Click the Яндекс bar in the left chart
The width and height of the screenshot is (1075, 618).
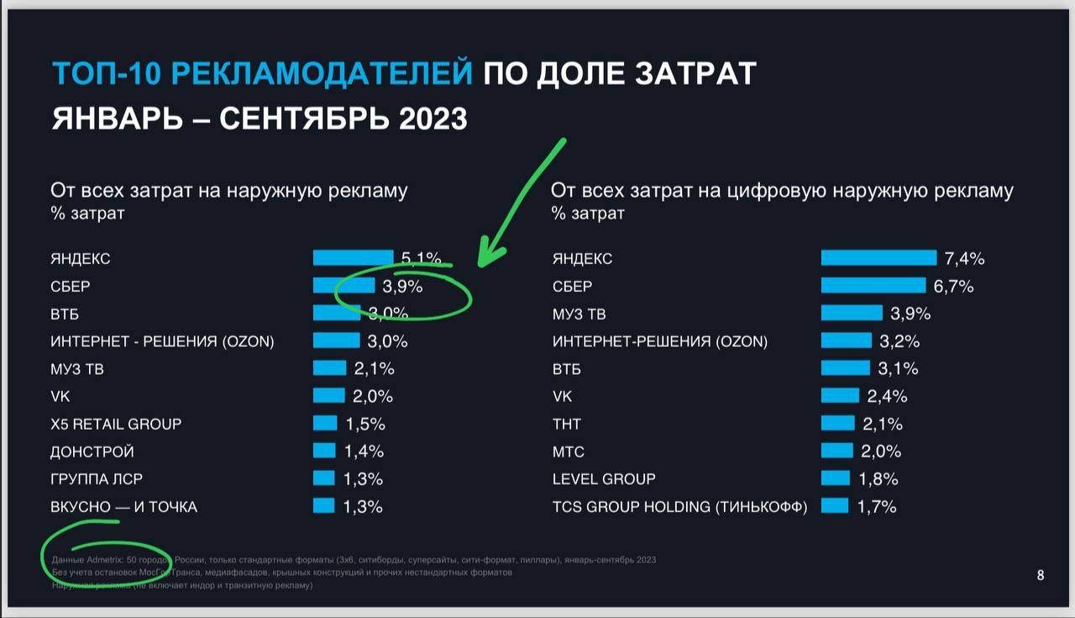[x=353, y=257]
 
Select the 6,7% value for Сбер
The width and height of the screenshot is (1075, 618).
[x=953, y=287]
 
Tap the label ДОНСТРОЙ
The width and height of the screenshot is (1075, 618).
[x=92, y=452]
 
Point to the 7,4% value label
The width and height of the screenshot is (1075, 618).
[x=964, y=258]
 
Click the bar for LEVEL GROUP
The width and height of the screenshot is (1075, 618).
[x=836, y=478]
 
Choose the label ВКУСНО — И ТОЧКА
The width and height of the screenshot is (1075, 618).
[x=124, y=507]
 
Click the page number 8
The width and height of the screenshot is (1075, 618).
[x=1041, y=576]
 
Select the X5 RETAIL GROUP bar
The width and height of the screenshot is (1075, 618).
[x=325, y=423]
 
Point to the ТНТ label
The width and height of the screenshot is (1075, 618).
[x=567, y=424]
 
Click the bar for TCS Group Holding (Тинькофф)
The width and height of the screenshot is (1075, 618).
[x=835, y=505]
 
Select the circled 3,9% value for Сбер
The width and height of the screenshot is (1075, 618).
[x=402, y=287]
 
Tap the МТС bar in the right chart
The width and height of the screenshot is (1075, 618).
[x=836, y=451]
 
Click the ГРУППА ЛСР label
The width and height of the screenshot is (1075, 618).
[x=97, y=479]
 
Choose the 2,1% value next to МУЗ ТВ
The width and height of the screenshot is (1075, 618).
[x=374, y=368]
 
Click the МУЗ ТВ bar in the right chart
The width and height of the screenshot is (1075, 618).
[x=852, y=313]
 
